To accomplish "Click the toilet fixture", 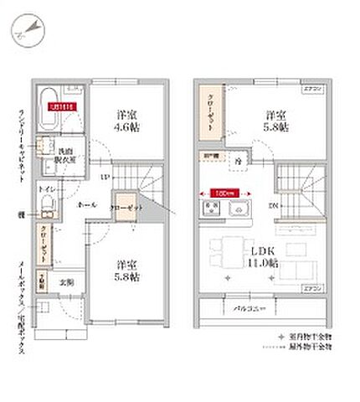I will pos(49,205).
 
